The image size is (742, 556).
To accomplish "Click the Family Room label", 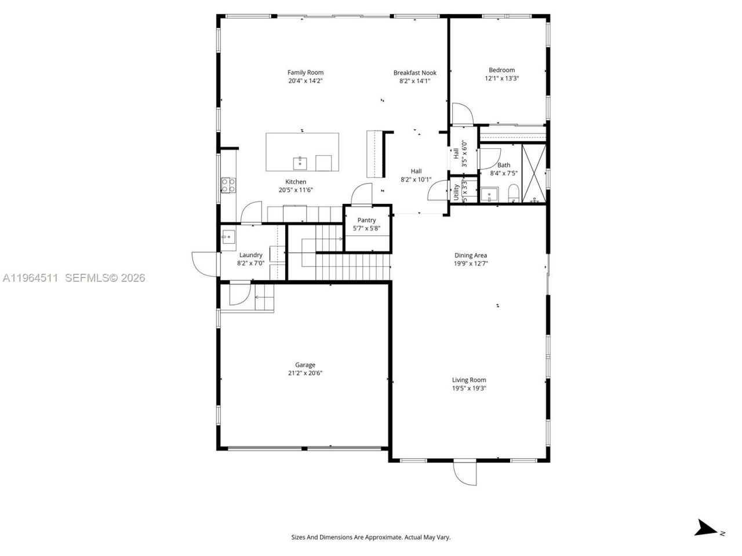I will pos(305,72).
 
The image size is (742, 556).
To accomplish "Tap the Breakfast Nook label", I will pos(414,72).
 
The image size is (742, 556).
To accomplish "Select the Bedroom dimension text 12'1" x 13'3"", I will pos(501,78).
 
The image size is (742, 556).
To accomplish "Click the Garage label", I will pos(305,365).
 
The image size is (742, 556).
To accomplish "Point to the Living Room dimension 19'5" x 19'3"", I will pos(469,388).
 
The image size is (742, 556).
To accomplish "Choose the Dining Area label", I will pos(470,255).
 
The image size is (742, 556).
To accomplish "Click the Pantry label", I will pos(366,220).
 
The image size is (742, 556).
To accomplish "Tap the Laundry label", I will pos(250,255).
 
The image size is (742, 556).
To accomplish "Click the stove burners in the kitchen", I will pos(228,185).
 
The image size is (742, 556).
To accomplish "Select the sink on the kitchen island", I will pos(300,163).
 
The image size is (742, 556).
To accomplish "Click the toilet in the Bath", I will pos(514,193).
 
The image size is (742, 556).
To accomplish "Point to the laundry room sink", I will pos(228,236).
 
